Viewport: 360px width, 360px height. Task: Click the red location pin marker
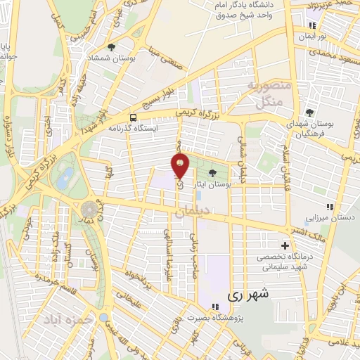[181, 165]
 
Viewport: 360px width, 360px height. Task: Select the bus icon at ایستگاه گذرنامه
[134, 117]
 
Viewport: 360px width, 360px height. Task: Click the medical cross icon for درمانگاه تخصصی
[285, 245]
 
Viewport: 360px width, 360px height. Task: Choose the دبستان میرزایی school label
[336, 218]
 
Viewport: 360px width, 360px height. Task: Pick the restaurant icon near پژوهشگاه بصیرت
[212, 307]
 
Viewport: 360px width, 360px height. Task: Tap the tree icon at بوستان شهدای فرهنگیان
[310, 112]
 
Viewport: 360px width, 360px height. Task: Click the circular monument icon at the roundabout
[89, 210]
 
